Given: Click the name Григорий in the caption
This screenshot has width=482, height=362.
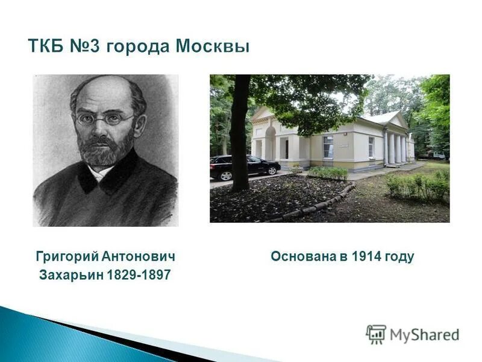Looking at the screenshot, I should coord(66,257).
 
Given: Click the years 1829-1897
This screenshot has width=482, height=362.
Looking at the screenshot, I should coord(139,275).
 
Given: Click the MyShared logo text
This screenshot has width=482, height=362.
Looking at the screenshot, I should coord(424,334).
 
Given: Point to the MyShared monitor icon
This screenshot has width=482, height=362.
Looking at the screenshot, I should coord(376,334).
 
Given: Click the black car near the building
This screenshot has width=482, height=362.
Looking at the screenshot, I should coord(244,167).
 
